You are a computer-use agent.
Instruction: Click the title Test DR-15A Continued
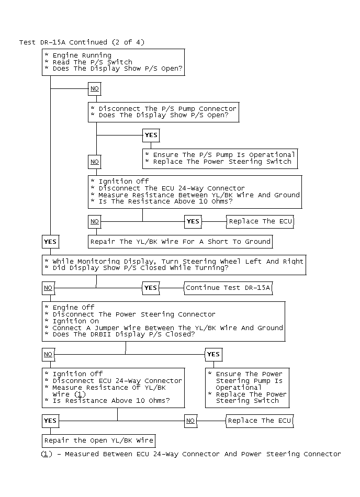pyautogui.click(x=82, y=42)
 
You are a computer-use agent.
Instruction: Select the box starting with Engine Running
pyautogui.click(x=113, y=62)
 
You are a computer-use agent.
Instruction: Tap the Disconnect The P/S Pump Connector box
pyautogui.click(x=164, y=112)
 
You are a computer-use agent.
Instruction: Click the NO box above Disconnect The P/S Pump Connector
pyautogui.click(x=94, y=89)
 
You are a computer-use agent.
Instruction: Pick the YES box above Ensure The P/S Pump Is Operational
pyautogui.click(x=151, y=135)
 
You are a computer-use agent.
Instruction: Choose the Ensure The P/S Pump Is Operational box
pyautogui.click(x=220, y=159)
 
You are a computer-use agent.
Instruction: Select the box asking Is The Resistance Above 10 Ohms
pyautogui.click(x=195, y=192)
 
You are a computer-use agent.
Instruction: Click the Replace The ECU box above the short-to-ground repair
pyautogui.click(x=260, y=221)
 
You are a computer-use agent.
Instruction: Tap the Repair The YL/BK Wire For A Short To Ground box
pyautogui.click(x=180, y=242)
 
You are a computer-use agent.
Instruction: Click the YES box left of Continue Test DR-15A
pyautogui.click(x=151, y=288)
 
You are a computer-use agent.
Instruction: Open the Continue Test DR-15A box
pyautogui.click(x=228, y=288)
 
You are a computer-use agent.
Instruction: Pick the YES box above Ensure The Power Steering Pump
pyautogui.click(x=213, y=354)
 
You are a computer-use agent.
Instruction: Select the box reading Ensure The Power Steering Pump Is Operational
pyautogui.click(x=247, y=387)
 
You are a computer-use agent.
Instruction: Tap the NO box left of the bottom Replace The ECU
pyautogui.click(x=190, y=421)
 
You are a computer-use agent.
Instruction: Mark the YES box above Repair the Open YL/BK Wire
pyautogui.click(x=50, y=421)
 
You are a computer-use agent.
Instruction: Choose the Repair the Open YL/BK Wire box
pyautogui.click(x=98, y=440)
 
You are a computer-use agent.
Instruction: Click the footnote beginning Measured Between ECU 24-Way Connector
pyautogui.click(x=191, y=454)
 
